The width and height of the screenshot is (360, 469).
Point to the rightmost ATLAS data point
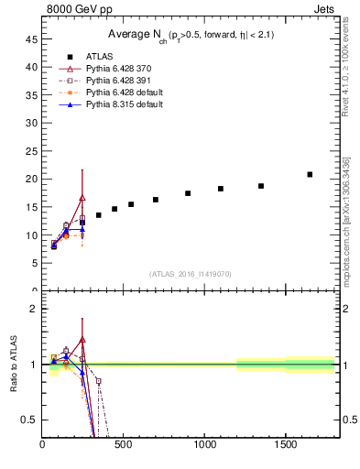(x=310, y=174)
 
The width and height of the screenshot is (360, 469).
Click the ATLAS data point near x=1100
(x=221, y=189)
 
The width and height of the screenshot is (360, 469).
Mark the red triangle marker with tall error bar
(x=82, y=198)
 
